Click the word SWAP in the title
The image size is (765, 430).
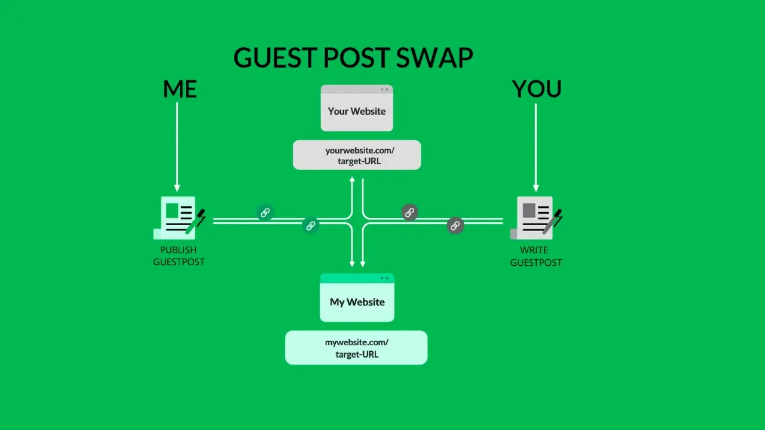(434, 58)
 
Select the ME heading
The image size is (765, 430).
(179, 89)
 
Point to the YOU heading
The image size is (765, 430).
(537, 89)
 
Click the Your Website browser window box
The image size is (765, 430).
(357, 108)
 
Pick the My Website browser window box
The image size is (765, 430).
(357, 297)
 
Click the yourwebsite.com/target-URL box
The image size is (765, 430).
(357, 155)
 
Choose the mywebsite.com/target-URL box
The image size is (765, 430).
(356, 348)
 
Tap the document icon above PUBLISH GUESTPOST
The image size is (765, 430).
(178, 217)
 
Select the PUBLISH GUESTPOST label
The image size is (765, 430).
(179, 256)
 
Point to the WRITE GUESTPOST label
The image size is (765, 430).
(536, 256)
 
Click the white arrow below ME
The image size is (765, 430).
(177, 146)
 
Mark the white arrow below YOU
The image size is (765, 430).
(535, 146)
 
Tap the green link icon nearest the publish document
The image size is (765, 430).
(265, 212)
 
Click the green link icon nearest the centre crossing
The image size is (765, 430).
(310, 225)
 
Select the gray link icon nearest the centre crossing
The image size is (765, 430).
(409, 212)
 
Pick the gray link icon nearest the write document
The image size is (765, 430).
(455, 225)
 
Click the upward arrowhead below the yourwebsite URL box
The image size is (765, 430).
(352, 180)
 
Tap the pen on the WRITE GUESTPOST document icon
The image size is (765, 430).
(553, 221)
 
